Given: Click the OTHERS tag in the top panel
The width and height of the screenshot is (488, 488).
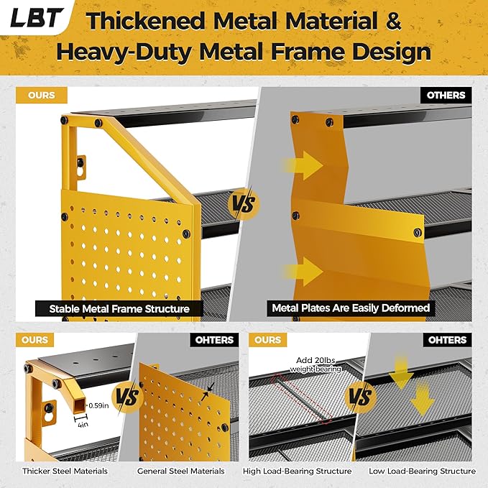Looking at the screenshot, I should (446, 95).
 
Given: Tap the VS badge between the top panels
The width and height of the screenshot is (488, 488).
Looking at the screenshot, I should (244, 204).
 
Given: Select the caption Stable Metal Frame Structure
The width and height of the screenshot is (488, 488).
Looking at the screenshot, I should (119, 309).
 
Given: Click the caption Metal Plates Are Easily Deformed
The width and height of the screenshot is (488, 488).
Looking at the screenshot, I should (351, 308).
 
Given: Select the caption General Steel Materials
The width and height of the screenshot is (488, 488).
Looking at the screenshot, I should (181, 471).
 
